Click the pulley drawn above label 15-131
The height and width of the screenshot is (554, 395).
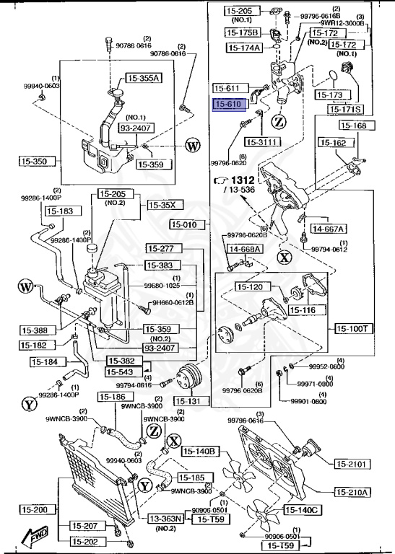point(188,377)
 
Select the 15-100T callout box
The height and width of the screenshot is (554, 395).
point(353,328)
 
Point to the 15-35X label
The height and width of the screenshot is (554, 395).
point(162,205)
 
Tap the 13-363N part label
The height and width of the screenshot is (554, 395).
point(167,518)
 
